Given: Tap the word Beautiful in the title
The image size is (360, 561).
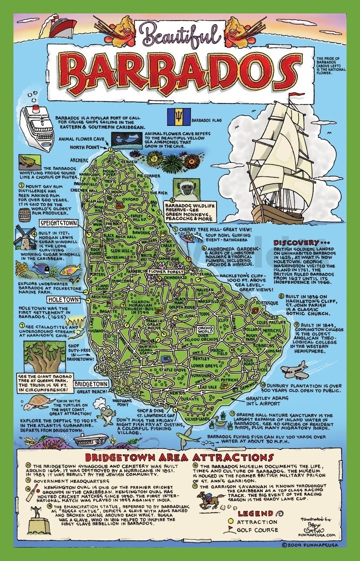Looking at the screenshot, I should [179, 34].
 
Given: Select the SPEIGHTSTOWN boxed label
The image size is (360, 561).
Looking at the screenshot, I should [58, 222].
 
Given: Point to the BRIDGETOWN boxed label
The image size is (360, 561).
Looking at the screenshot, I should [91, 384].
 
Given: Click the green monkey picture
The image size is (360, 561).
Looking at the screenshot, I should [185, 189].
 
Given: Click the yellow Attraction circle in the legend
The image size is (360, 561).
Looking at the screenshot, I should [230, 522].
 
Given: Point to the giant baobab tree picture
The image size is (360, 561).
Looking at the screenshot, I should [44, 351].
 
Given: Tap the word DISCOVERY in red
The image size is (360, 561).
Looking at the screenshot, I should [295, 242].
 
